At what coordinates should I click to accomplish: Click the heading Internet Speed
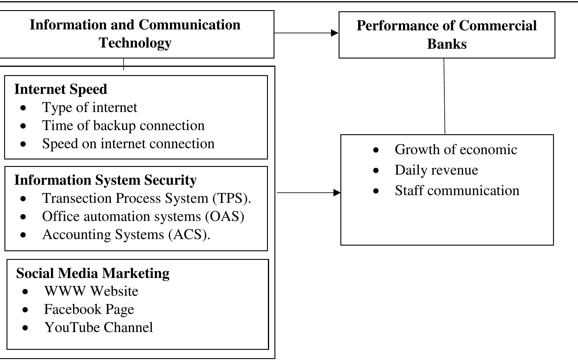click(x=61, y=89)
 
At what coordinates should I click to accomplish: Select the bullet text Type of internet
click(x=90, y=107)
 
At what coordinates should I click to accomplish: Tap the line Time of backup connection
click(x=123, y=125)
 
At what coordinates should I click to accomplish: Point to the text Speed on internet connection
click(x=128, y=143)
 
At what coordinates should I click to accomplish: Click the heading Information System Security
click(x=105, y=180)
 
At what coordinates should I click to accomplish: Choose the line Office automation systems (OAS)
click(x=143, y=216)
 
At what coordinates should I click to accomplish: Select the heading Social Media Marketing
click(x=93, y=273)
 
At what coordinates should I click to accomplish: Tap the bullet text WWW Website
click(x=91, y=291)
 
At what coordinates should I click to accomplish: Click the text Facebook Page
click(x=89, y=309)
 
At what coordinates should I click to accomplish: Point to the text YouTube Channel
click(x=99, y=327)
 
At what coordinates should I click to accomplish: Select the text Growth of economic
click(x=456, y=149)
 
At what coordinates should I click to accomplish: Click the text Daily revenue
click(x=436, y=170)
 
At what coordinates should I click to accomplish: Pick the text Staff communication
click(x=457, y=190)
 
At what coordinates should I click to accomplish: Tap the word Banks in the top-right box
click(x=447, y=44)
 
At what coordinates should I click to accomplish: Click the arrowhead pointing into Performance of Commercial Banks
click(x=334, y=33)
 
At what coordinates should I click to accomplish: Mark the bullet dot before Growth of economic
click(x=376, y=150)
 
